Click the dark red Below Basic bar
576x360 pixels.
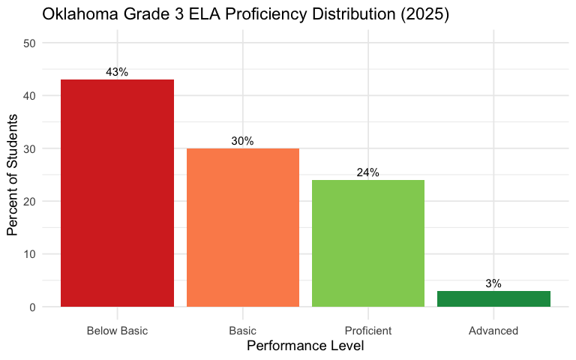(x=117, y=193)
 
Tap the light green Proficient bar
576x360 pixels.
(x=367, y=243)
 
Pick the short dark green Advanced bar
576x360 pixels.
(x=493, y=298)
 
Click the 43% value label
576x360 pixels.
(x=117, y=72)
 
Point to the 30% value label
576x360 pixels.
(x=242, y=141)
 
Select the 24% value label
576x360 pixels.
(x=367, y=172)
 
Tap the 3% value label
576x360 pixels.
(x=493, y=283)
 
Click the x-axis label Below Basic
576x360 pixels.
(x=117, y=330)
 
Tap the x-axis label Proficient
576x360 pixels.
(x=367, y=330)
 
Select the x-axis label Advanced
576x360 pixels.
(x=493, y=330)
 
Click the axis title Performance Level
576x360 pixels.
(x=305, y=346)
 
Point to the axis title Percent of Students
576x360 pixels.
(x=13, y=175)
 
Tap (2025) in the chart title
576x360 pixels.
(x=421, y=14)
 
